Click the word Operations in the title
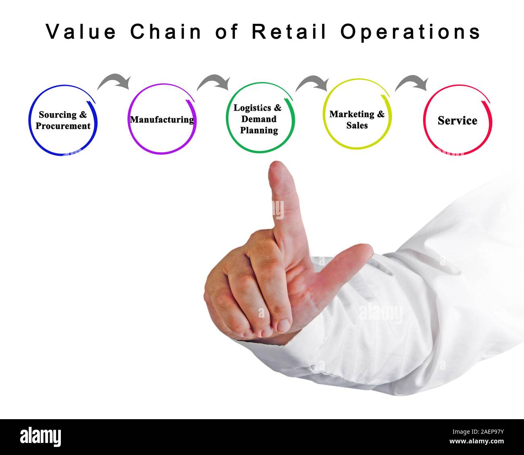[x=410, y=32]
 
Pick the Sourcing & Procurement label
[x=63, y=120]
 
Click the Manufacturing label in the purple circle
[x=162, y=120]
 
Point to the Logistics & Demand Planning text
[x=258, y=119]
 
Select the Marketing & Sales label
[x=357, y=120]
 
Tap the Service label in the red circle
[x=457, y=120]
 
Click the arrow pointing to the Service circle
[x=412, y=83]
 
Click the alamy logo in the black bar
[x=40, y=437]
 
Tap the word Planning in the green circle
[x=259, y=130]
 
